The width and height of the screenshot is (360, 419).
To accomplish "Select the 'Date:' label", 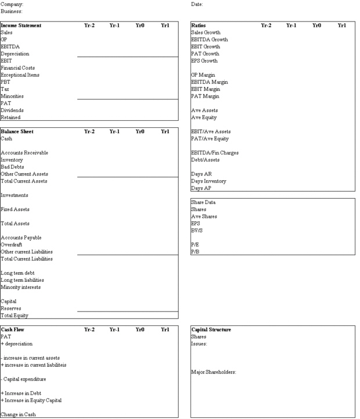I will (197, 4).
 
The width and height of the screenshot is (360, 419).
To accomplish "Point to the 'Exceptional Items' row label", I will (20, 75).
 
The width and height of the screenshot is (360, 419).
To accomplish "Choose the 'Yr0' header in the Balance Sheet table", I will (140, 131).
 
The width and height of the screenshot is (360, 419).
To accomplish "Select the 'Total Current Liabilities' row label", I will (27, 259).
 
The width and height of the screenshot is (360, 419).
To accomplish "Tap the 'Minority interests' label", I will (19, 287).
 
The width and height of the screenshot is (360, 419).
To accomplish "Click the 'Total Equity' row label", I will (15, 316).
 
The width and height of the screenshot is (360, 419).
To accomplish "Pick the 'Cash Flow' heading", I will (13, 330).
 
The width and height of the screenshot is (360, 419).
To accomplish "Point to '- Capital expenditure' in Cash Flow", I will (24, 379).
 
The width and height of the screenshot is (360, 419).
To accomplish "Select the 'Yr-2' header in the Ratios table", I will (267, 26).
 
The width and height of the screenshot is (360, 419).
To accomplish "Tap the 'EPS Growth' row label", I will (204, 60).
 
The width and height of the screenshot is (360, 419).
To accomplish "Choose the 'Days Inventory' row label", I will (208, 181).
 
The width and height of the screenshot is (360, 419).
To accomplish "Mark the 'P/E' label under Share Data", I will (195, 245).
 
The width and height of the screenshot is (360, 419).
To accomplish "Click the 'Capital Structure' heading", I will (211, 330).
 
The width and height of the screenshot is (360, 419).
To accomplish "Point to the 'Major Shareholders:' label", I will (213, 372).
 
